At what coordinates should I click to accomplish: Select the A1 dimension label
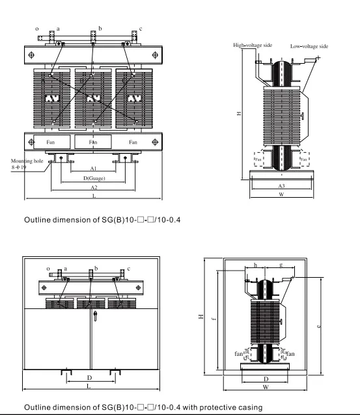click(x=94, y=168)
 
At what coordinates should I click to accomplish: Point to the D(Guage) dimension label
click(x=94, y=178)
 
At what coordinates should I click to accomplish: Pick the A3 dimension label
click(x=281, y=185)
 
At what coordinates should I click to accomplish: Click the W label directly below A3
click(x=281, y=194)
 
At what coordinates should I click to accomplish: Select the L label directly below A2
click(x=94, y=196)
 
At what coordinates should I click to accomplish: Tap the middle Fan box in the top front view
click(x=94, y=141)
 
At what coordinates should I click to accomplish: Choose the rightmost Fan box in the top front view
click(x=134, y=141)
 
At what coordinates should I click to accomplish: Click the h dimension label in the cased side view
click(x=255, y=265)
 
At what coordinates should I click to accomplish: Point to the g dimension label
click(x=280, y=265)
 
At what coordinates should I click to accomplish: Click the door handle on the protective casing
click(x=95, y=318)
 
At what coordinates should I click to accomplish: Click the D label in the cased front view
click(x=89, y=377)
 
